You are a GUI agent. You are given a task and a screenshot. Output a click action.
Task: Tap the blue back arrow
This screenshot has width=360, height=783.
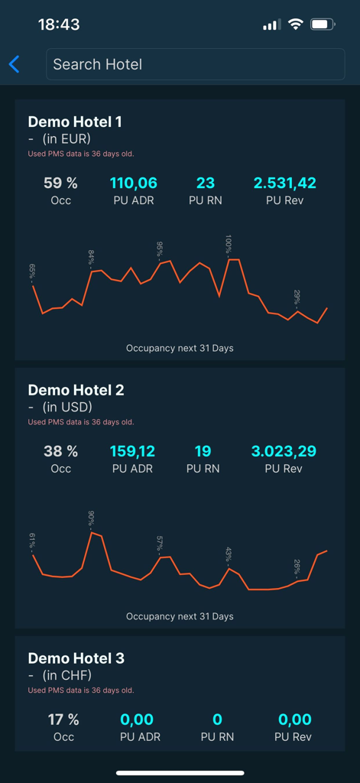(x=14, y=64)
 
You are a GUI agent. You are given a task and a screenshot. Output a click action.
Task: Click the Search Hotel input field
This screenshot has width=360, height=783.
(x=196, y=64)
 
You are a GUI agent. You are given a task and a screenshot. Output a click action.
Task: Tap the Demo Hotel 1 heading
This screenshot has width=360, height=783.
(x=75, y=122)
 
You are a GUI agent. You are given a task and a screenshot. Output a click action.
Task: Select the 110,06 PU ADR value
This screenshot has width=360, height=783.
(x=134, y=183)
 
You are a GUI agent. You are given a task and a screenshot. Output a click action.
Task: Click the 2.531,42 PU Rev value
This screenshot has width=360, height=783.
(x=284, y=183)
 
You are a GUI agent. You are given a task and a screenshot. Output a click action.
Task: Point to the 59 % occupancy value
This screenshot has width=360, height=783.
(x=61, y=183)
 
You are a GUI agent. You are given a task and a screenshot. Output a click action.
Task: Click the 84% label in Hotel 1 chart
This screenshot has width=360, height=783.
(x=91, y=257)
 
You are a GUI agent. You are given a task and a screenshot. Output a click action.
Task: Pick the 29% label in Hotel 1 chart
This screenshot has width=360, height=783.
(x=297, y=297)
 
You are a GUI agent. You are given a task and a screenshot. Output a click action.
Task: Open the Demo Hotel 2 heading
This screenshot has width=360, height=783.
(x=76, y=390)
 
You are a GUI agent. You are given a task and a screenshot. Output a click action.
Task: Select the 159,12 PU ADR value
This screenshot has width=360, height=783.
(x=133, y=451)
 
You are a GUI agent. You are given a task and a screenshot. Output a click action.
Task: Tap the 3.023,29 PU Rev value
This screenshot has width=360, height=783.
(x=284, y=451)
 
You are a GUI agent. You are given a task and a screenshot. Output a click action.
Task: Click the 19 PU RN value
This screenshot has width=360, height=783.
(x=203, y=451)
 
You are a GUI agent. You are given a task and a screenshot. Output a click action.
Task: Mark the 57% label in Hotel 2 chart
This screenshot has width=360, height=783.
(x=160, y=544)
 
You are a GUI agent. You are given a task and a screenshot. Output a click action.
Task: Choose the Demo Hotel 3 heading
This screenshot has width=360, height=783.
(x=76, y=658)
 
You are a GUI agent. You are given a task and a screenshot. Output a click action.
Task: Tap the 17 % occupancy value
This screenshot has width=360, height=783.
(x=63, y=720)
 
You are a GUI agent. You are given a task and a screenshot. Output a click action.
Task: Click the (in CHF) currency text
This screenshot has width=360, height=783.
(x=66, y=675)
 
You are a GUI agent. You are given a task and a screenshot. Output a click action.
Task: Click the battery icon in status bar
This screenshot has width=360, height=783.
(x=323, y=24)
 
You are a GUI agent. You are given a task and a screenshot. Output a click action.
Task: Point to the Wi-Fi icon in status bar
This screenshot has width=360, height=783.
(x=295, y=24)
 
